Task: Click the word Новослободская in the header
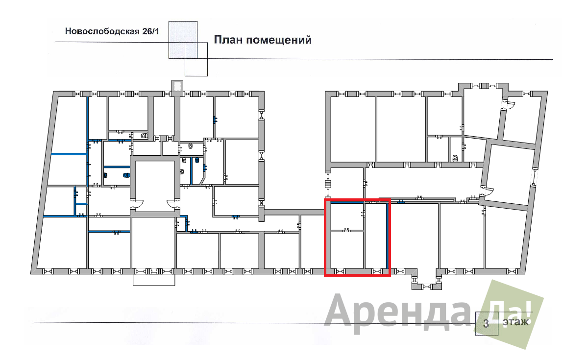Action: click(x=102, y=31)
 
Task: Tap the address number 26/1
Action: click(x=150, y=31)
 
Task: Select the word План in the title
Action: click(x=228, y=39)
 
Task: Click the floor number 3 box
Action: click(x=487, y=323)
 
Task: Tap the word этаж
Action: click(x=515, y=322)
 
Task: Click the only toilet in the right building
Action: click(x=455, y=158)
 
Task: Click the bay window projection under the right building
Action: click(x=426, y=280)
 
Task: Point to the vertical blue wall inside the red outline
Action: click(x=387, y=235)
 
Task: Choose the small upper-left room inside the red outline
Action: click(x=347, y=216)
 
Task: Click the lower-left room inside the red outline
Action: click(x=347, y=250)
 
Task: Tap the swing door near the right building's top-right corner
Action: click(x=509, y=104)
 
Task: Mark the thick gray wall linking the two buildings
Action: click(x=294, y=212)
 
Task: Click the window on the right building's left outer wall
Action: click(x=328, y=184)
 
